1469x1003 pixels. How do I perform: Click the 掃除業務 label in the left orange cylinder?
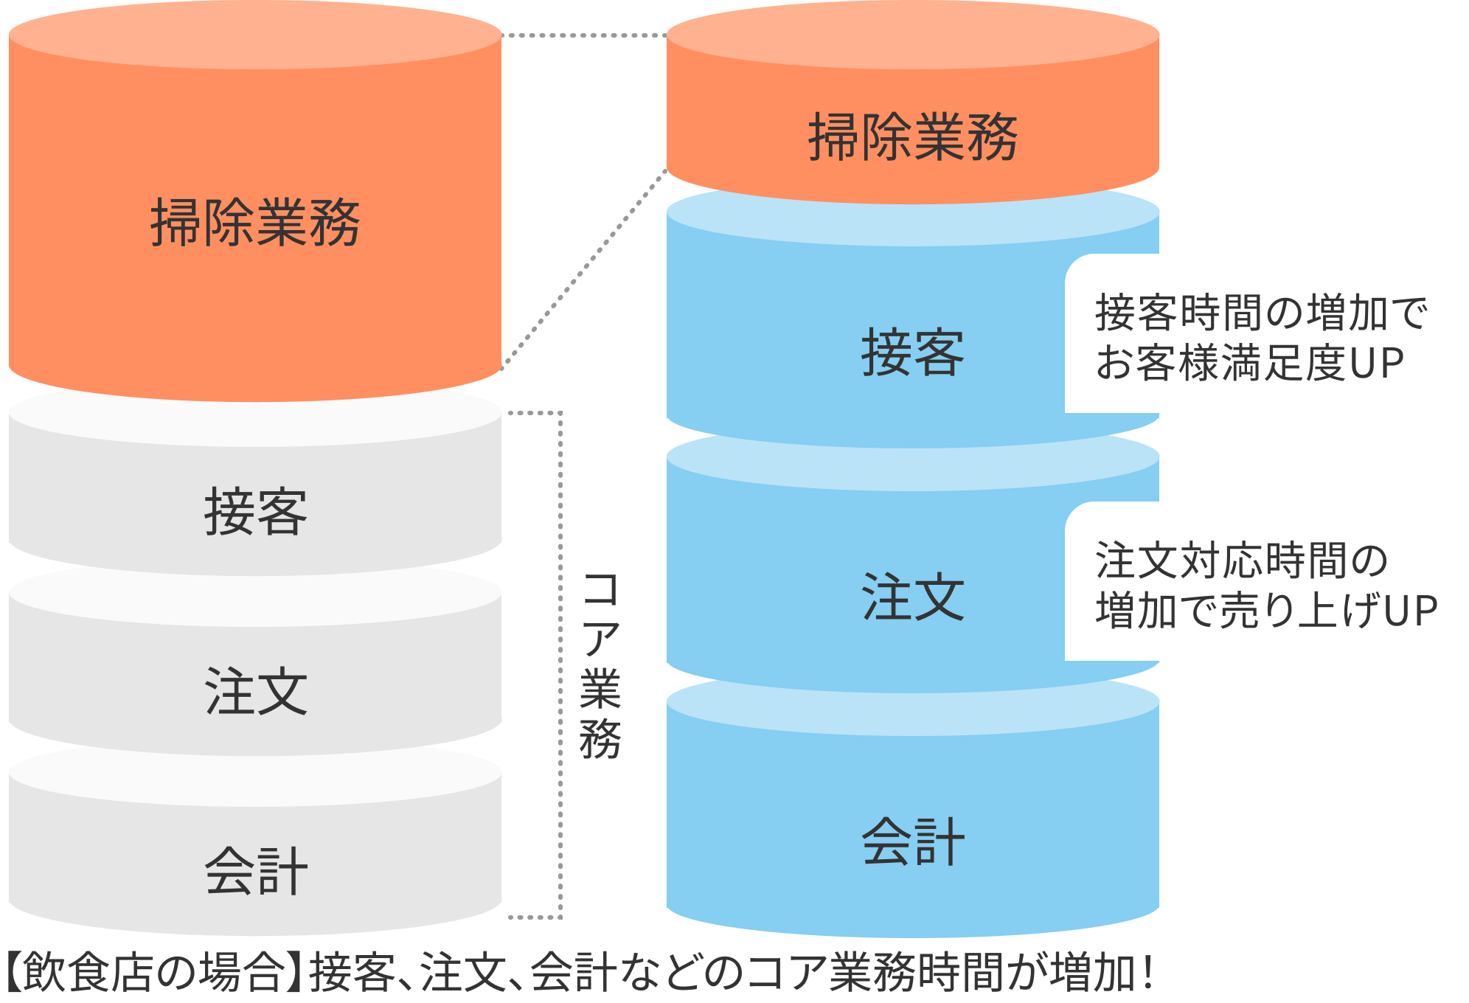pyautogui.click(x=255, y=222)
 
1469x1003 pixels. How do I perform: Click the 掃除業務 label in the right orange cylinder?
pyautogui.click(x=913, y=137)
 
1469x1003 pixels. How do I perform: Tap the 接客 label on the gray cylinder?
pyautogui.click(x=255, y=511)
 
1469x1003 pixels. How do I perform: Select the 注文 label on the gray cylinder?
pyautogui.click(x=255, y=691)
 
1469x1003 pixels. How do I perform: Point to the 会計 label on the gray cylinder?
pyautogui.click(x=255, y=871)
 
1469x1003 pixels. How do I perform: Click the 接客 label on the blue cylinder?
pyautogui.click(x=913, y=353)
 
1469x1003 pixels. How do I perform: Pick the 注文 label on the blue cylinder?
pyautogui.click(x=913, y=597)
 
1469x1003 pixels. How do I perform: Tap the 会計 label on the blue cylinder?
pyautogui.click(x=913, y=841)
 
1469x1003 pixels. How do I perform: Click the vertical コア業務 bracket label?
pyautogui.click(x=600, y=664)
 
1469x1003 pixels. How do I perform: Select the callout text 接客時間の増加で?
pyautogui.click(x=1262, y=313)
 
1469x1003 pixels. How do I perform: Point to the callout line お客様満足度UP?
pyautogui.click(x=1249, y=363)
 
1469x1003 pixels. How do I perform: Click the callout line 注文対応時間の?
pyautogui.click(x=1242, y=560)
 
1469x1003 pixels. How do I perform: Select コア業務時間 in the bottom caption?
pyautogui.click(x=876, y=972)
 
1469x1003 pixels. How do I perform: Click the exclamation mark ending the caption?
pyautogui.click(x=1147, y=972)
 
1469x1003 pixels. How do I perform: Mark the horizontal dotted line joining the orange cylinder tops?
pyautogui.click(x=584, y=35)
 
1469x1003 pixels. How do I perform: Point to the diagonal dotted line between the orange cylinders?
pyautogui.click(x=584, y=269)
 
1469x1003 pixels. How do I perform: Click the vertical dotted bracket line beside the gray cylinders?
pyautogui.click(x=560, y=664)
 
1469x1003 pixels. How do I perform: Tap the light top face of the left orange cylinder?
pyautogui.click(x=255, y=35)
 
